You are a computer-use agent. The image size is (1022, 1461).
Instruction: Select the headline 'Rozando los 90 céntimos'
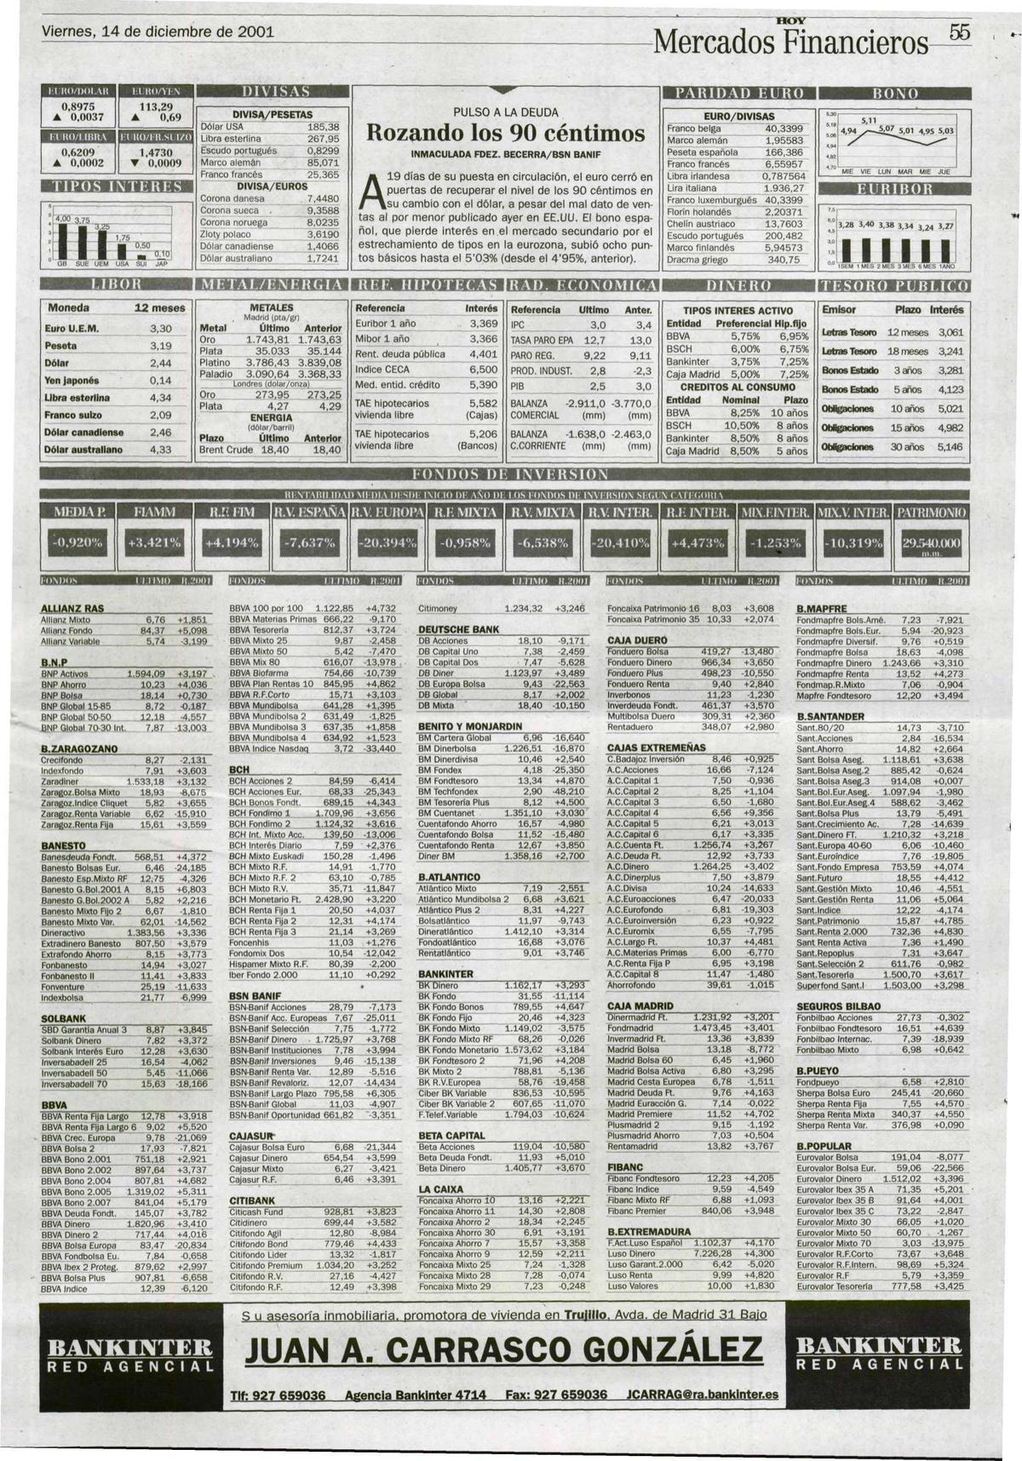(x=504, y=134)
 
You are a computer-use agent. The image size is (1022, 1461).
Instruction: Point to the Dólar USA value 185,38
(x=323, y=126)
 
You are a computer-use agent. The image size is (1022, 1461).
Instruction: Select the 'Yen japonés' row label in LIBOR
(x=74, y=381)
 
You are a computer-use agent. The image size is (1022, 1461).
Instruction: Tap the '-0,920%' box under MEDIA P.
(x=78, y=542)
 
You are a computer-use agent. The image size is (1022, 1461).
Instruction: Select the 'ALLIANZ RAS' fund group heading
(x=72, y=609)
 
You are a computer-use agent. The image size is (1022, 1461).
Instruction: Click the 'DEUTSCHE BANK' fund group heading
(x=458, y=629)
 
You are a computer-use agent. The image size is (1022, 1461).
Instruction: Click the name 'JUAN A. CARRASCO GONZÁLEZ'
(x=503, y=1349)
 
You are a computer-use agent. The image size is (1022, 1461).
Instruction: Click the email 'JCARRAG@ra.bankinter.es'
(x=702, y=1395)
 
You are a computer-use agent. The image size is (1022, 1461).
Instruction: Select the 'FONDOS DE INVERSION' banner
(x=510, y=474)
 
